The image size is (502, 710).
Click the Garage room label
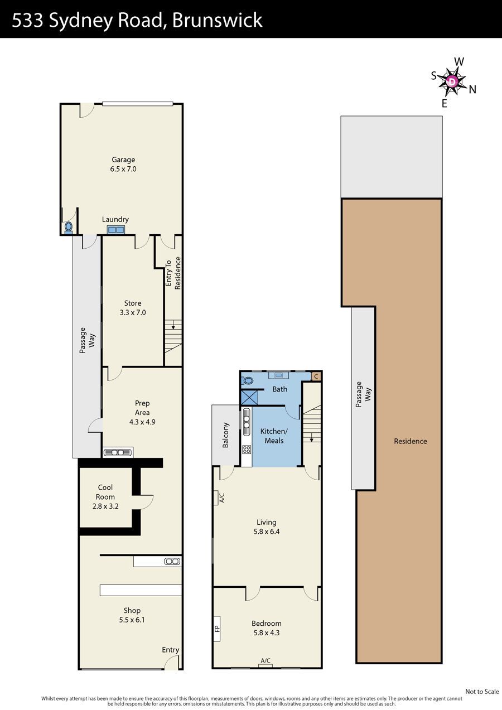[123, 164]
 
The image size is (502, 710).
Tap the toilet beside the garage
[69, 228]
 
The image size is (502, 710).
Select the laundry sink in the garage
[115, 229]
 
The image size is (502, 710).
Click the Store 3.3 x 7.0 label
[133, 308]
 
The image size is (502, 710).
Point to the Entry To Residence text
[173, 273]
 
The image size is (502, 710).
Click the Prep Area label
[142, 412]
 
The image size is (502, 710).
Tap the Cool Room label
[105, 497]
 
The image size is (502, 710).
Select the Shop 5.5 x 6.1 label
[132, 615]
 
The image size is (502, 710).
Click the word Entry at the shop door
[171, 649]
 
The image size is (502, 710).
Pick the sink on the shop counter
[172, 562]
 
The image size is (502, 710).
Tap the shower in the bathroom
[249, 398]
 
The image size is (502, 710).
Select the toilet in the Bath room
[247, 380]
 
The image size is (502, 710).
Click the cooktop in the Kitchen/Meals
[247, 449]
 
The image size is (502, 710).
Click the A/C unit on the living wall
[216, 498]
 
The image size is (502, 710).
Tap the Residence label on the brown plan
[411, 441]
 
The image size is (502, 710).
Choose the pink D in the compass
[452, 82]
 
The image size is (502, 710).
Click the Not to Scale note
[482, 692]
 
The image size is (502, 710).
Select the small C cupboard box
[316, 376]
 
